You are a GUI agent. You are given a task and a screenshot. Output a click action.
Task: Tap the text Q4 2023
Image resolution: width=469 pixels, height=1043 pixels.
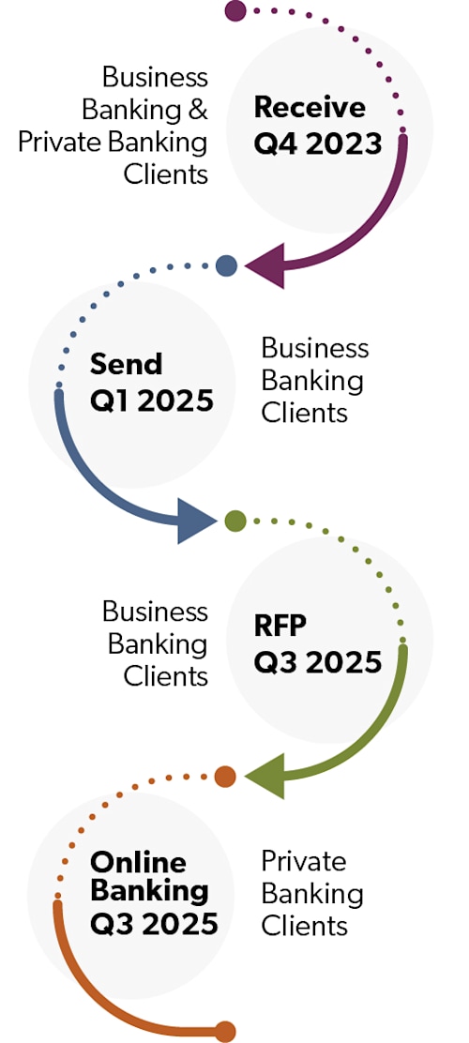(318, 143)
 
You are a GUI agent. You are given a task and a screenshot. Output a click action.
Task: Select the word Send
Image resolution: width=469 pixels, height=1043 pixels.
(127, 364)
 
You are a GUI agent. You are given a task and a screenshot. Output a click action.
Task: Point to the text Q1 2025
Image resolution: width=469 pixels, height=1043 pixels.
(152, 401)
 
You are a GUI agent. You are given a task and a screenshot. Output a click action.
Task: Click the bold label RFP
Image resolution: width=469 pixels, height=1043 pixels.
(280, 625)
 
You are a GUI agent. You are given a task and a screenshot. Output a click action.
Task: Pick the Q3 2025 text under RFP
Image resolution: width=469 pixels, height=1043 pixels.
(318, 661)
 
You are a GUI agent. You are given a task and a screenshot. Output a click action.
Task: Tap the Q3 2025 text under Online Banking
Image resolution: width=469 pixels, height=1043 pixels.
(155, 923)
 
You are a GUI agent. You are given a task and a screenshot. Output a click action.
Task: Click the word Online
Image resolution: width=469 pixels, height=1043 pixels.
(138, 862)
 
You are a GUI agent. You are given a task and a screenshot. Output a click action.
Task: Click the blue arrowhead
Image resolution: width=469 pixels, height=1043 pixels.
(197, 521)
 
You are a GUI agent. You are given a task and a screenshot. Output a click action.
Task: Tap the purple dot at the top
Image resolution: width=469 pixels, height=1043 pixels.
(235, 11)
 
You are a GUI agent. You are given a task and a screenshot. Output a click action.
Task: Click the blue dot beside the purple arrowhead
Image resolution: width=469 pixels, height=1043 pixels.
(226, 265)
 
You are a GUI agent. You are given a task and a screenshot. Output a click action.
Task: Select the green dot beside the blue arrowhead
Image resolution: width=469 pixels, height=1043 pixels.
(235, 521)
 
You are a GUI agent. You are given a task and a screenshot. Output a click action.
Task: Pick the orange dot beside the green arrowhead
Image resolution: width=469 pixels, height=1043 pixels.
(225, 777)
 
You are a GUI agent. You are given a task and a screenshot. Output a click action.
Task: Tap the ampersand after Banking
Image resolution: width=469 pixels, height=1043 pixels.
(197, 110)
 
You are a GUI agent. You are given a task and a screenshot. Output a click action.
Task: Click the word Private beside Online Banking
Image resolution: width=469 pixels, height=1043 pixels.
(304, 861)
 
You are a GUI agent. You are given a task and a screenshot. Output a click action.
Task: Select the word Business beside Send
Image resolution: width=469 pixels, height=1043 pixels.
(315, 348)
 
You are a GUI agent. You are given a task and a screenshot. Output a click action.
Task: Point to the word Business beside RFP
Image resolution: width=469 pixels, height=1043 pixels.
(155, 612)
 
